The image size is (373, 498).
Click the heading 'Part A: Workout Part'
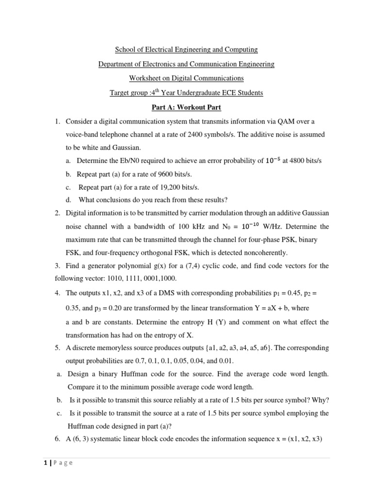(186, 107)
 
